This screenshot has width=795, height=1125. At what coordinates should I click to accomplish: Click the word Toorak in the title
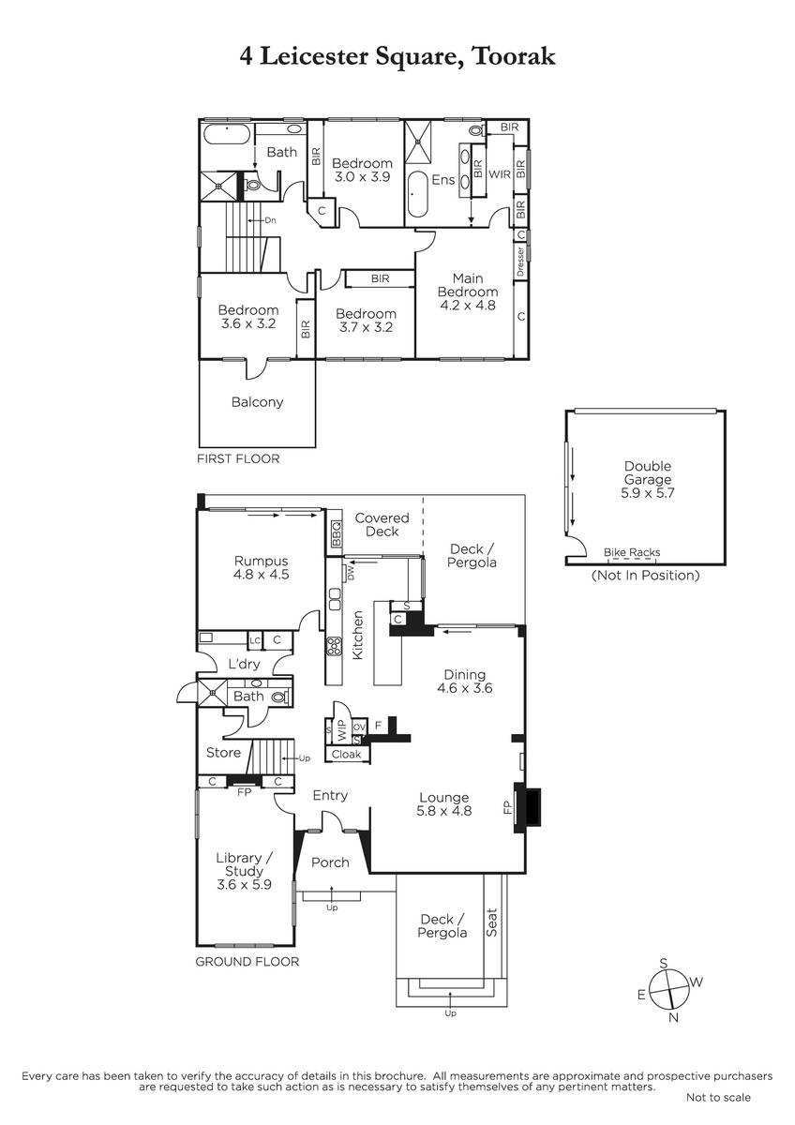pyautogui.click(x=514, y=56)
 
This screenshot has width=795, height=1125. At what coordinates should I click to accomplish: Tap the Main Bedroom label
pyautogui.click(x=468, y=285)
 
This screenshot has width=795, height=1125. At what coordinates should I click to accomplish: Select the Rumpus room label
pyautogui.click(x=262, y=561)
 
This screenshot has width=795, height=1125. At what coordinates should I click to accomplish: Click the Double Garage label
pyautogui.click(x=648, y=472)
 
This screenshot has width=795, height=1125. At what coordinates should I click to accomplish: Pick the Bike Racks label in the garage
pyautogui.click(x=632, y=552)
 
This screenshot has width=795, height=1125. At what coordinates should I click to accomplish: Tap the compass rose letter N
pyautogui.click(x=673, y=1017)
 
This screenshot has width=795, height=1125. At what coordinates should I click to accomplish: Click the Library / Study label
pyautogui.click(x=244, y=864)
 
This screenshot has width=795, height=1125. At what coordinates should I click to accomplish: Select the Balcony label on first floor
pyautogui.click(x=257, y=402)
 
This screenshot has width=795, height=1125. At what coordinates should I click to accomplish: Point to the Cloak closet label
pyautogui.click(x=346, y=754)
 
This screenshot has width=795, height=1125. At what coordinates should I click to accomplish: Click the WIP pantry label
pyautogui.click(x=341, y=730)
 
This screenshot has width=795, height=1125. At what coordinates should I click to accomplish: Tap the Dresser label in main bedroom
pyautogui.click(x=521, y=262)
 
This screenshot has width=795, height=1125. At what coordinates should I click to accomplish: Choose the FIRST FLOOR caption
pyautogui.click(x=238, y=458)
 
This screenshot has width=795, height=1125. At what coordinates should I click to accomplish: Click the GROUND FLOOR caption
pyautogui.click(x=247, y=962)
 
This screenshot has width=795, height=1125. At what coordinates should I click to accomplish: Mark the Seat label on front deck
pyautogui.click(x=491, y=922)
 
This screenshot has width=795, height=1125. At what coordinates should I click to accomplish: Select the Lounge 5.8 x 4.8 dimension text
pyautogui.click(x=444, y=811)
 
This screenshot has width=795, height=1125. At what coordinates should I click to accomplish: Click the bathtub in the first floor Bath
pyautogui.click(x=227, y=135)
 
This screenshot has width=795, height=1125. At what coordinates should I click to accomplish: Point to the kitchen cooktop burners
pyautogui.click(x=335, y=646)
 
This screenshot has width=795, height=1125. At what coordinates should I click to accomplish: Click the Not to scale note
pyautogui.click(x=718, y=1112)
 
